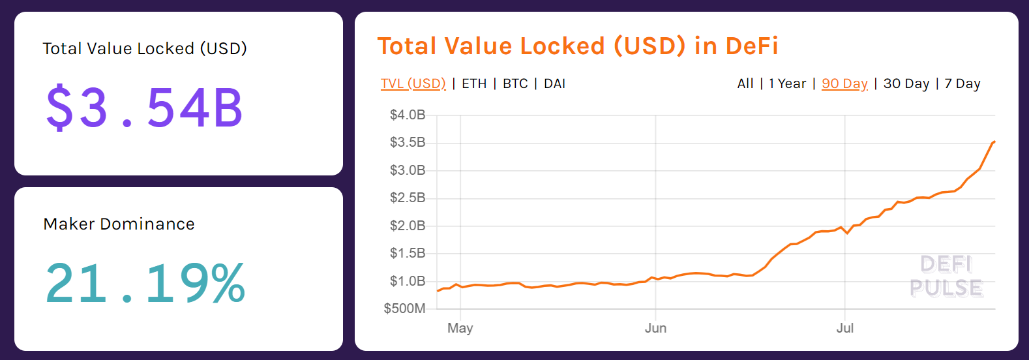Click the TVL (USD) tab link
(413, 83)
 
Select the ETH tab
(474, 83)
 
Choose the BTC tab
(515, 83)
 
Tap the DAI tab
(554, 83)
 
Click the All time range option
(745, 83)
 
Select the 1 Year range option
(787, 83)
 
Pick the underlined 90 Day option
(844, 83)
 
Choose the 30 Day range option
(906, 83)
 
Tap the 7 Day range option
(962, 83)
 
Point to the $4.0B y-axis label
(408, 115)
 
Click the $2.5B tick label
(408, 198)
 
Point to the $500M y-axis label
(404, 308)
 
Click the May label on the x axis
(460, 328)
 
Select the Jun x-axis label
(655, 328)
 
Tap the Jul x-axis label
(844, 328)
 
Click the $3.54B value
(144, 108)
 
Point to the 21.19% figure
(145, 283)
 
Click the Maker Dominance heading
(119, 224)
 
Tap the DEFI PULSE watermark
(946, 276)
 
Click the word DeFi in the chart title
(752, 46)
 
